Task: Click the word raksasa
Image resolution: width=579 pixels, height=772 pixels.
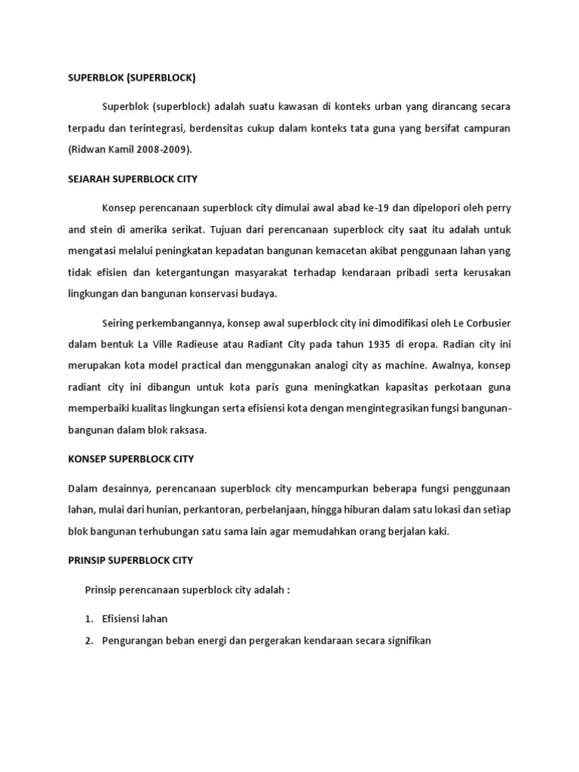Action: click(187, 430)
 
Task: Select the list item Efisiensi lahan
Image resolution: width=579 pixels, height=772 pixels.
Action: click(135, 618)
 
